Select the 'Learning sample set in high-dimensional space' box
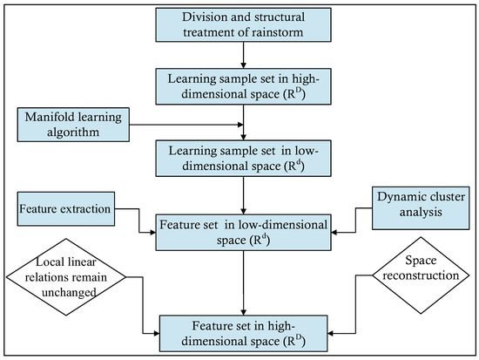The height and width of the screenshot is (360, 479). coord(239,86)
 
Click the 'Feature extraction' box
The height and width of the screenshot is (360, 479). coord(65,210)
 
